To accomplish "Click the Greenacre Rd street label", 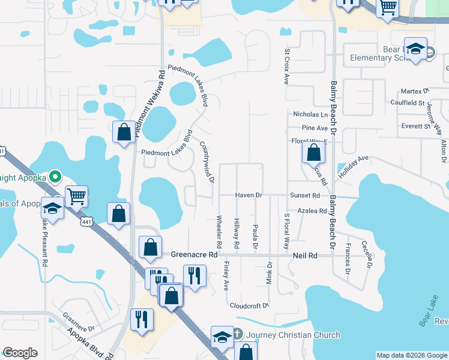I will [193, 254].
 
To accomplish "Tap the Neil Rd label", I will [304, 255].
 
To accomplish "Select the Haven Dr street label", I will [249, 196].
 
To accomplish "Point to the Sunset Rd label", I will [305, 196].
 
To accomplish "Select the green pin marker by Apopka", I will [55, 177].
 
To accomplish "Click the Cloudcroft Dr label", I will [249, 305].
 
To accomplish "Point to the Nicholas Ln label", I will [310, 114].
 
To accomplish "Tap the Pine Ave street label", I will [315, 128].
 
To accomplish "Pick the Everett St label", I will [417, 127].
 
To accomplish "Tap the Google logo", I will [20, 353].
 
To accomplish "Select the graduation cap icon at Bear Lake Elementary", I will [415, 49].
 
